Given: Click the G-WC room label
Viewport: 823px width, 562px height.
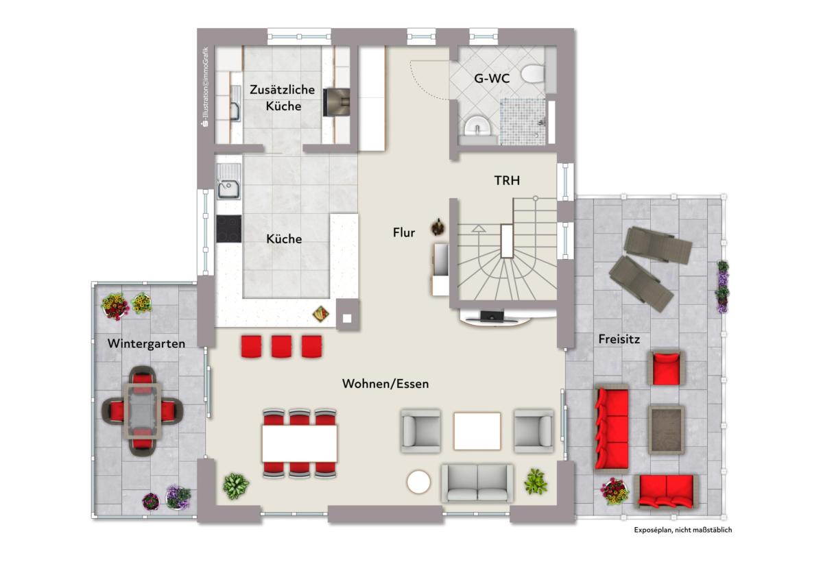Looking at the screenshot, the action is (492, 79).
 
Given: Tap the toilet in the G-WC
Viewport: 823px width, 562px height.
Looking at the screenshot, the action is (533, 73).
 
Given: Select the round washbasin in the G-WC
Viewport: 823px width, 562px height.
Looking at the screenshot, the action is (477, 126).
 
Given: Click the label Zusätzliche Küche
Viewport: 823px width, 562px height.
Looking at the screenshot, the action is (283, 97).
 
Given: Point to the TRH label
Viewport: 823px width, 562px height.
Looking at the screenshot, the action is (507, 181).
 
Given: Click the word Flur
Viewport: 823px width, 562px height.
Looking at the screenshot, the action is (404, 232).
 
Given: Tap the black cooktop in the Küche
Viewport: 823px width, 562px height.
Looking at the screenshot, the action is (228, 229).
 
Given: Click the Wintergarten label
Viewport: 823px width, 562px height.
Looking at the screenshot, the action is (146, 343).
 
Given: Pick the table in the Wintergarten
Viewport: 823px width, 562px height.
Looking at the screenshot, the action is (143, 411).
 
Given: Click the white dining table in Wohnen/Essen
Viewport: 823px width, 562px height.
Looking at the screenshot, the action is (300, 443).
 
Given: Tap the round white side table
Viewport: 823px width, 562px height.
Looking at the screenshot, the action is (418, 482).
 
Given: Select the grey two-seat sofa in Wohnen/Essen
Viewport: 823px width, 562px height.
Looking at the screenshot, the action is (477, 483).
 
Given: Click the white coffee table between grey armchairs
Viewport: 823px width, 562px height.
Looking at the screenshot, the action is (477, 431).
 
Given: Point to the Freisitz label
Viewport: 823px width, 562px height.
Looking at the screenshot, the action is (619, 339).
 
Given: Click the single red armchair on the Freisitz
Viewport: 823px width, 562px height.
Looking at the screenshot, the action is (667, 369).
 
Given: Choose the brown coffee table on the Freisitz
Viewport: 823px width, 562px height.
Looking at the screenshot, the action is (666, 430).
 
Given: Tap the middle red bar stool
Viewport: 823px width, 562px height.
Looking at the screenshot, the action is (281, 346).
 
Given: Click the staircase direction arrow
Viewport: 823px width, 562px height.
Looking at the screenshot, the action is (478, 229).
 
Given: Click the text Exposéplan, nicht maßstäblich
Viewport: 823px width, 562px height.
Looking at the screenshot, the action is (682, 530).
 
